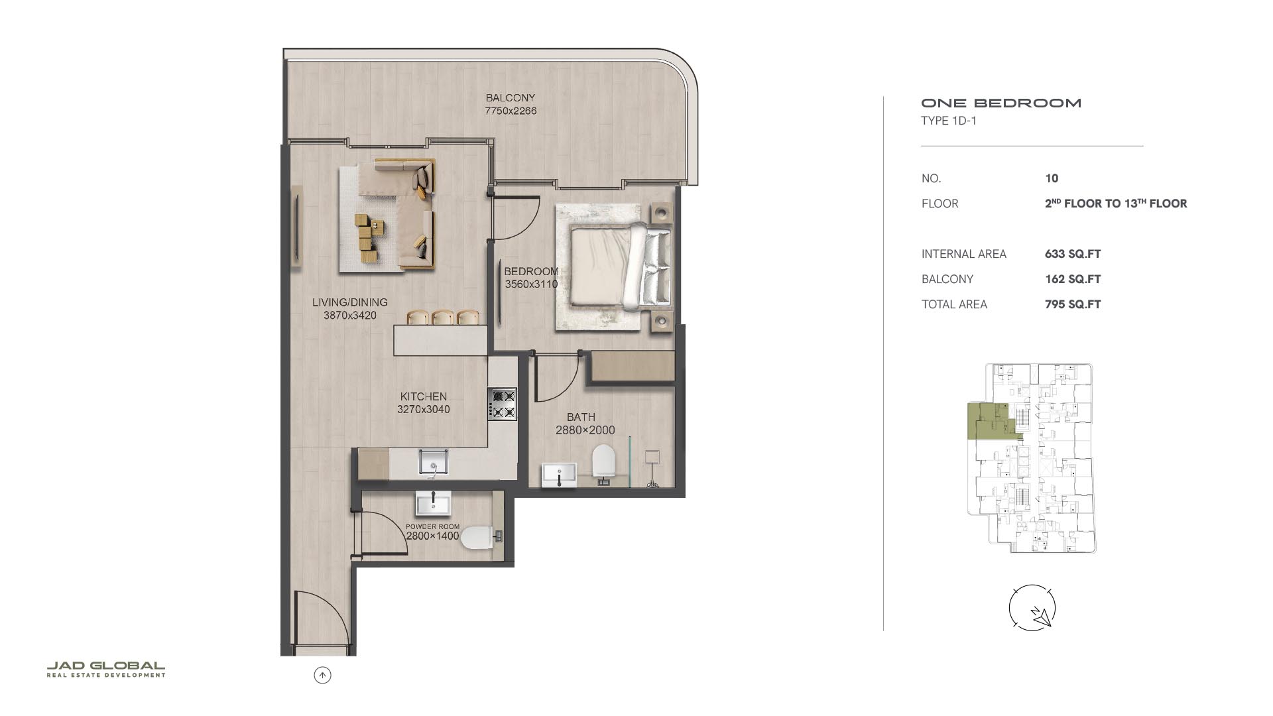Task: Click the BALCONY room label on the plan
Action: click(510, 97)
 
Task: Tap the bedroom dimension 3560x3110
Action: click(531, 284)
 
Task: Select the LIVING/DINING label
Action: click(350, 302)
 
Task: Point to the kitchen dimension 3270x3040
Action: click(423, 409)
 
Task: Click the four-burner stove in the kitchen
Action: click(503, 404)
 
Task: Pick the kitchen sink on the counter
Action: click(433, 461)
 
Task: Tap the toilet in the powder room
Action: click(481, 538)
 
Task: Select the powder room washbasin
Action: click(433, 503)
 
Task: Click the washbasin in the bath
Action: click(559, 475)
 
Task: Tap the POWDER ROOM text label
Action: click(432, 526)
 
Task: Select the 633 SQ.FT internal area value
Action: click(1073, 254)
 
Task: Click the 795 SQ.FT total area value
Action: click(1073, 304)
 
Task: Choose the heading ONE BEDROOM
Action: click(1001, 103)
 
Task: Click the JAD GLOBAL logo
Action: click(106, 669)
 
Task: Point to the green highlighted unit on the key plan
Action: click(988, 422)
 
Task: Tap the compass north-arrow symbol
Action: click(1032, 607)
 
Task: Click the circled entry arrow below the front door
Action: click(322, 676)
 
